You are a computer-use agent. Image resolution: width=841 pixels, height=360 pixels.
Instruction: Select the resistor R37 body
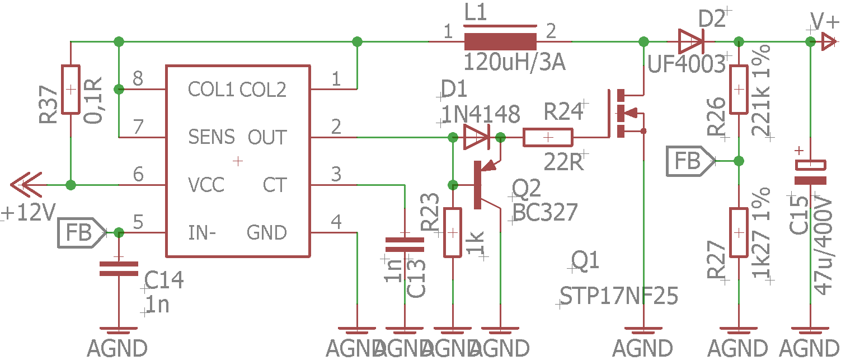point(71,90)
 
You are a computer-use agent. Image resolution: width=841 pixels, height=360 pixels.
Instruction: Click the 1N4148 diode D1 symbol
point(477,137)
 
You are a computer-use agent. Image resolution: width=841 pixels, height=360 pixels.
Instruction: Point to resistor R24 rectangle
point(548,137)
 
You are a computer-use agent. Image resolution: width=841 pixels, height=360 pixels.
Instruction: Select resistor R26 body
point(739,90)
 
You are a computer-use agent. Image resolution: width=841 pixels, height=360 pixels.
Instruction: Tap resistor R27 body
point(739,232)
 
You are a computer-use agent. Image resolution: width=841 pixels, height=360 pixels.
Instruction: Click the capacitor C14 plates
point(119,269)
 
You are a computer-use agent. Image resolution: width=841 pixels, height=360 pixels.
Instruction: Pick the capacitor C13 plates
point(405,245)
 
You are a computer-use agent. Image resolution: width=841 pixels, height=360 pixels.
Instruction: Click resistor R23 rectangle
point(453,232)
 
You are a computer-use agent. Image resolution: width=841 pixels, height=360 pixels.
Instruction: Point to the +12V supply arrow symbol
point(26,185)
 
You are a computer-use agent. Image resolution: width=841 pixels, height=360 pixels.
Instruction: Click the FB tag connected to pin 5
point(82,232)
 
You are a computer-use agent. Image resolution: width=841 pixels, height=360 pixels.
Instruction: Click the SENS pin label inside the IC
point(212,137)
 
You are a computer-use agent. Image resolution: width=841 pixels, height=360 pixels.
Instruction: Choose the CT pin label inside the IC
point(274,185)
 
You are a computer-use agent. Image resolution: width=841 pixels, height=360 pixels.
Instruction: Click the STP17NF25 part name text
point(619,296)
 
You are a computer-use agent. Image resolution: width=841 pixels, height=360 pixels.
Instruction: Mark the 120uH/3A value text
point(514,62)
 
